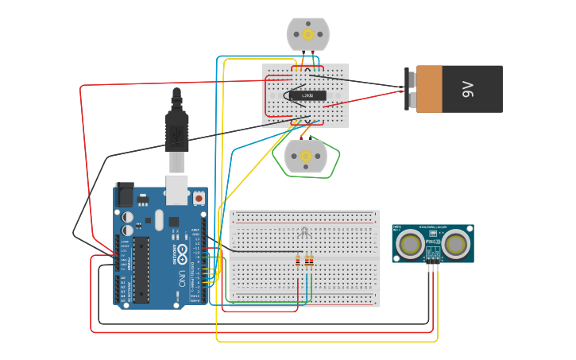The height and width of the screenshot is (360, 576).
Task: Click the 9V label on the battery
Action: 468,89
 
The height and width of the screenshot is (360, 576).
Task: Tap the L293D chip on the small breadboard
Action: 307,96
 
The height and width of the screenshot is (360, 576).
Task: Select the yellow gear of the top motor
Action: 307,34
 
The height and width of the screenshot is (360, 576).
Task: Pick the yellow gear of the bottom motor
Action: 306,157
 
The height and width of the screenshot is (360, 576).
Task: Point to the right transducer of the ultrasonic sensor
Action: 456,244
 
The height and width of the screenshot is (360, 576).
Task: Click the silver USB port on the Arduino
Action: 176,191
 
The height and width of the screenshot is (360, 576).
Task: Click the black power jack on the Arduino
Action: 125,195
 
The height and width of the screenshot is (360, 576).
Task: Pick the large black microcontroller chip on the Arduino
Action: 141,269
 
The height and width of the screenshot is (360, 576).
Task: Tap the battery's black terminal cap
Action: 411,89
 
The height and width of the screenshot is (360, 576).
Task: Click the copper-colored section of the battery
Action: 430,89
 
